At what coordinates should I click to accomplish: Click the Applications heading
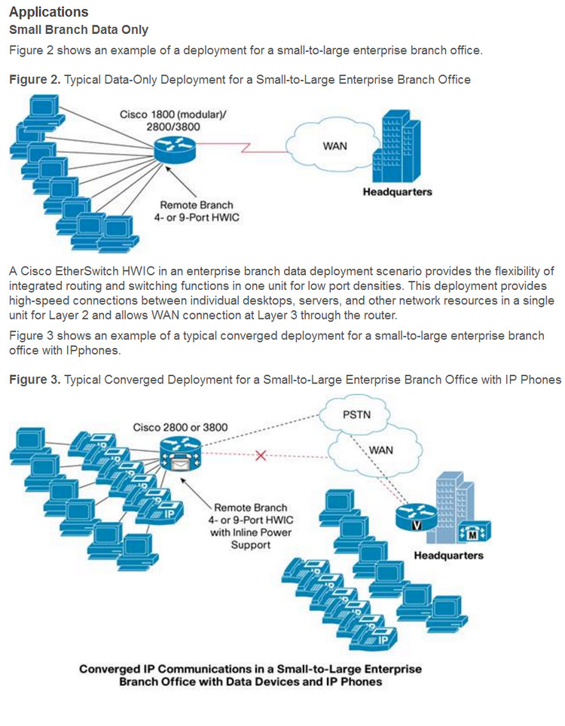48,13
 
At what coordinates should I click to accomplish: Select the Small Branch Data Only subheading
78,30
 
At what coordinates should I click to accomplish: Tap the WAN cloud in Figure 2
334,146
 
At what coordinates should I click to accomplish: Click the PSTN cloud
355,414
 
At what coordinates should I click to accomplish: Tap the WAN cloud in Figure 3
377,450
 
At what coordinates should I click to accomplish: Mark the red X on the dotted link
261,456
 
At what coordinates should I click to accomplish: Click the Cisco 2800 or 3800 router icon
180,455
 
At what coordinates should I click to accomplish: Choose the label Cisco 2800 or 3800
180,427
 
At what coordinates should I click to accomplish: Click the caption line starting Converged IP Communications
250,669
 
